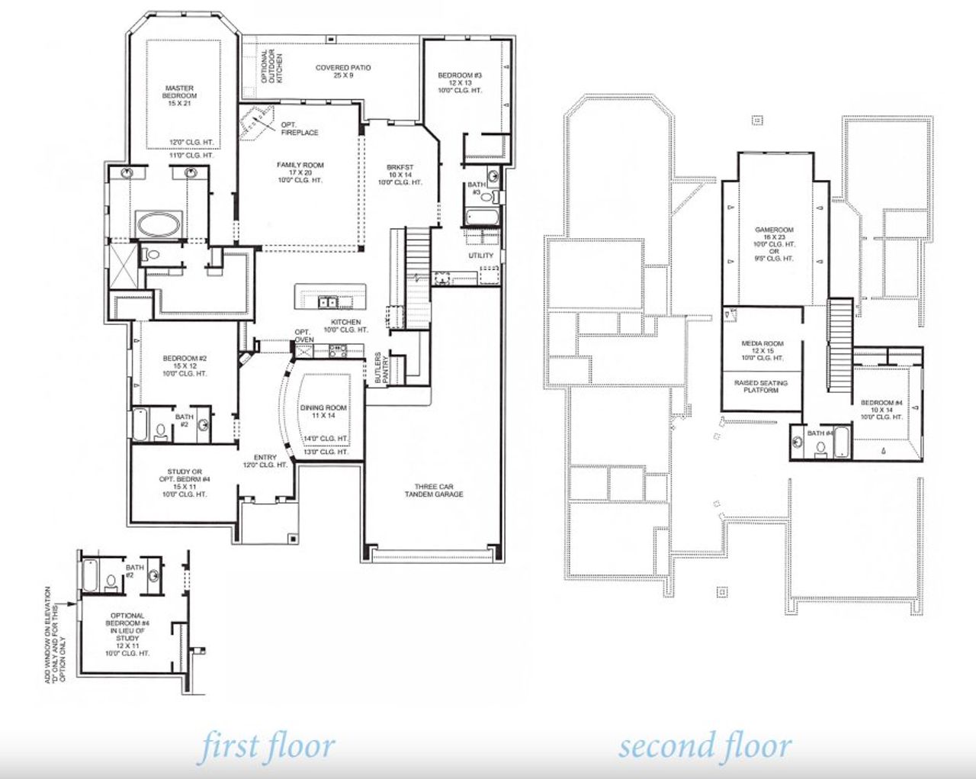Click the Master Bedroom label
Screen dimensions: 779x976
coord(179,95)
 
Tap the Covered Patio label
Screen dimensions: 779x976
coord(343,72)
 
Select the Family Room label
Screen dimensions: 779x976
coord(300,172)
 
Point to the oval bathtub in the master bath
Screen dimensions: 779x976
coord(159,225)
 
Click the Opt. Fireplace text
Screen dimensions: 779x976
coord(299,129)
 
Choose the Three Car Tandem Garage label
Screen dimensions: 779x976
coord(433,490)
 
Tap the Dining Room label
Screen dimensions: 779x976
coord(323,411)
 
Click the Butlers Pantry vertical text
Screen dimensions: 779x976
coord(381,369)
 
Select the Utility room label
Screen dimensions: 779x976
coord(480,256)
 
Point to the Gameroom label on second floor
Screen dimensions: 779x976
coord(774,243)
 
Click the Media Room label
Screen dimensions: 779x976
coord(762,350)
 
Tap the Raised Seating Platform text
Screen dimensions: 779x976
coord(760,386)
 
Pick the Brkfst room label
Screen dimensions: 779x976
coord(400,175)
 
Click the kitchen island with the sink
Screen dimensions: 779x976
coord(330,296)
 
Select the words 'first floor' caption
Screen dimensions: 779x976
coord(267,746)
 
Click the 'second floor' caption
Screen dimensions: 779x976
coord(705,746)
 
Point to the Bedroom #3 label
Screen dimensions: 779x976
coord(459,82)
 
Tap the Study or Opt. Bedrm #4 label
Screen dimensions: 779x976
coord(185,482)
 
